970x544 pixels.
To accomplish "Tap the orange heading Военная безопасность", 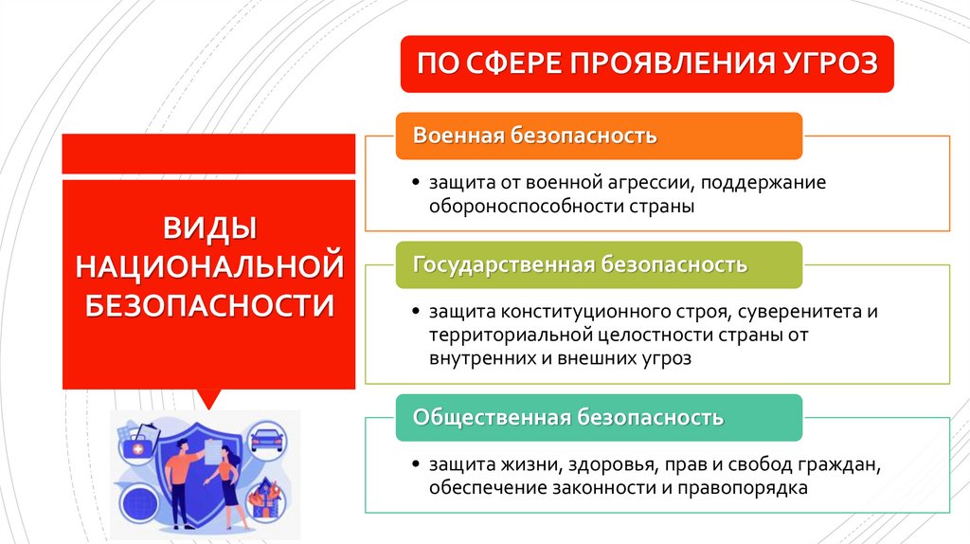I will pos(534,136).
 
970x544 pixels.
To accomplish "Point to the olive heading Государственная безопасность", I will pos(580,264).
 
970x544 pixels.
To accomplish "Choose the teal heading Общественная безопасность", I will pos(568,417).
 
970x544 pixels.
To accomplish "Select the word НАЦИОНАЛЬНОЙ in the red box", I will pos(208,266).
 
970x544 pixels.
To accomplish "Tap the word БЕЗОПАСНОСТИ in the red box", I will pos(208,305).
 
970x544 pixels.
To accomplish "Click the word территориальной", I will pos(510,335).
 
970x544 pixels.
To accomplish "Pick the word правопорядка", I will pos(749,488).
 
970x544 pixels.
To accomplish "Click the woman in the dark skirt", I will pos(228,483).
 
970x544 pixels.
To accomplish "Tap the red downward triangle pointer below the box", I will pos(208,398).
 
